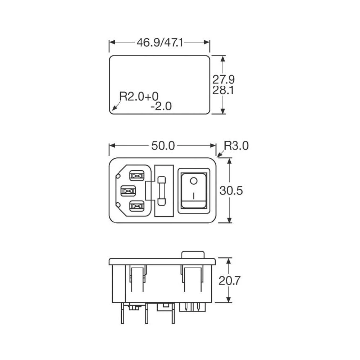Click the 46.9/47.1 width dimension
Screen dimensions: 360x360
click(x=160, y=42)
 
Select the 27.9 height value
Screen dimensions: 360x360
click(x=223, y=79)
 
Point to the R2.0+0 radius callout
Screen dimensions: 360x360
click(x=139, y=96)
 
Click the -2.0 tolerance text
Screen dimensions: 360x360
click(x=161, y=107)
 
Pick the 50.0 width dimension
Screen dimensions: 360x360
click(x=163, y=146)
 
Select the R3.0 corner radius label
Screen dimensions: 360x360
click(x=236, y=146)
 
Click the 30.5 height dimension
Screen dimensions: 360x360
click(x=231, y=191)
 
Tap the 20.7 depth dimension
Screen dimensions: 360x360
click(x=230, y=280)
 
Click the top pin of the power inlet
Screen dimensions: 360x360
click(x=136, y=176)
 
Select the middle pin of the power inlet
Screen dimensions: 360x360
click(x=128, y=191)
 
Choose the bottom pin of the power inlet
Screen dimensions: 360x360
click(x=136, y=206)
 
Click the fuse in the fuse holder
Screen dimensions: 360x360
click(x=162, y=191)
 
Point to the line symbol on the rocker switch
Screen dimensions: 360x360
click(x=194, y=197)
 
